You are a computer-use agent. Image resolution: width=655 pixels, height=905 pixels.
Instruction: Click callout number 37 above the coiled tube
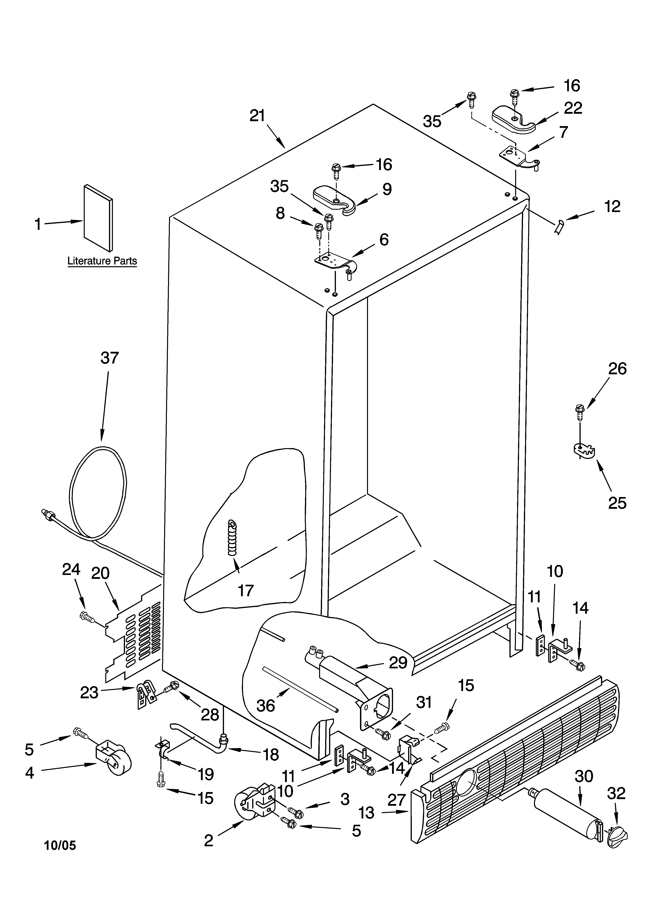tap(110, 358)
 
